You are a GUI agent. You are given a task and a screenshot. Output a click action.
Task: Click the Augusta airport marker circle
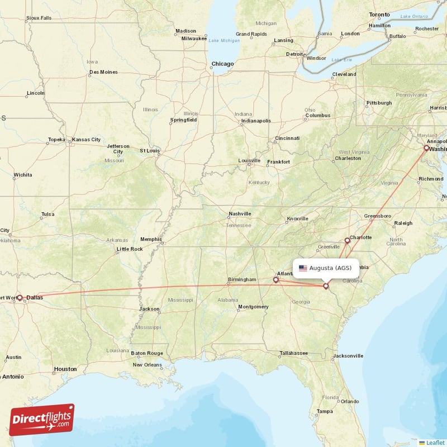click(326, 286)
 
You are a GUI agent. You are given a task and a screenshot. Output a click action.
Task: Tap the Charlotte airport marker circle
click(347, 240)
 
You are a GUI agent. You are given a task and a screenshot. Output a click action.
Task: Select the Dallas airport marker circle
click(20, 298)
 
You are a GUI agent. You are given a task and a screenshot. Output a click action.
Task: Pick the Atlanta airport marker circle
click(275, 279)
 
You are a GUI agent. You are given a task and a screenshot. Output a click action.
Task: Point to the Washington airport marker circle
click(426, 148)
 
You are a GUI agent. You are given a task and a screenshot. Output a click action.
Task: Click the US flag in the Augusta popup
click(303, 268)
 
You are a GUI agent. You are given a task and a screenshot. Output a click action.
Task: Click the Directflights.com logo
click(42, 420)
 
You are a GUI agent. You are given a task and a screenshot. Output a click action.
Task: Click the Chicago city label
click(222, 64)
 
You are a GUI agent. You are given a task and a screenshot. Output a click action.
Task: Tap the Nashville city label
click(240, 214)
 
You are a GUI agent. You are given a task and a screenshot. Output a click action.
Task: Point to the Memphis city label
click(151, 239)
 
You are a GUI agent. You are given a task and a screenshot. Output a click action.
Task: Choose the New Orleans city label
click(148, 365)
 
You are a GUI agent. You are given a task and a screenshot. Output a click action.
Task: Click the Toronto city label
click(379, 14)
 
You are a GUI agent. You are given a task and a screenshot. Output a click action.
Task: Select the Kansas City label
click(87, 139)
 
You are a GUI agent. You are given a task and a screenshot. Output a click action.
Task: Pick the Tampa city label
click(325, 411)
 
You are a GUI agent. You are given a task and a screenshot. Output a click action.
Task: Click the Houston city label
click(65, 369)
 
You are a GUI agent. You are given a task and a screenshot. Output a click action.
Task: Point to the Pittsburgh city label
click(379, 103)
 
